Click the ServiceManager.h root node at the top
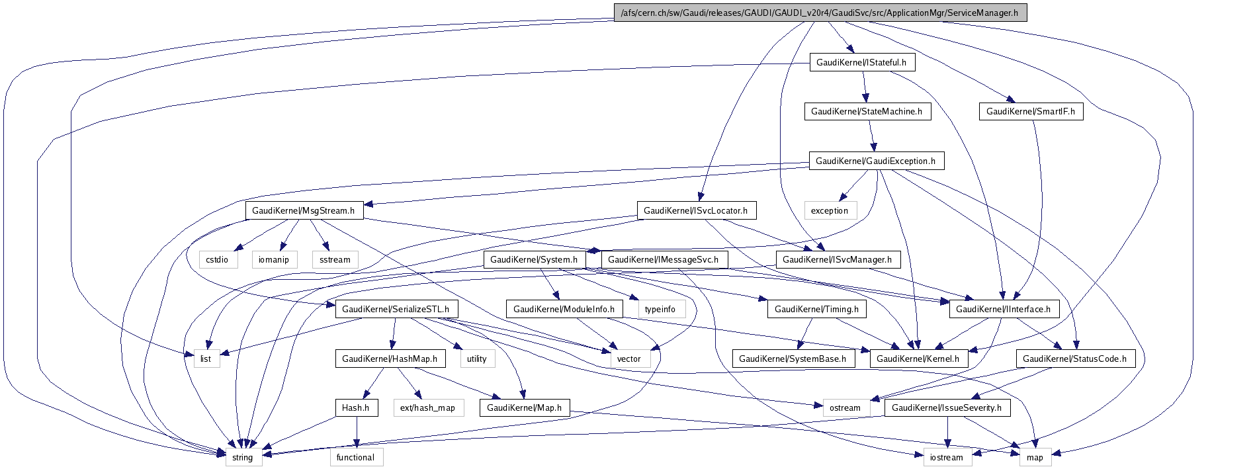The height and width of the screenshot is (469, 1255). [820, 13]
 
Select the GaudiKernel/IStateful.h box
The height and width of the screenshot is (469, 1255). [861, 62]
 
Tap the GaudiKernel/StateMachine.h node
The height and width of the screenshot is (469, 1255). [867, 111]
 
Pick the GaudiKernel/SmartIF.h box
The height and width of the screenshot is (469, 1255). [1030, 111]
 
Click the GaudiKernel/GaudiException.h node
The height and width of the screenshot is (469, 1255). [875, 161]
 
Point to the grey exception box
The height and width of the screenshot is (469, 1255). [830, 210]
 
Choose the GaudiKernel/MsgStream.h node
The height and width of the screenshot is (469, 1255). [304, 210]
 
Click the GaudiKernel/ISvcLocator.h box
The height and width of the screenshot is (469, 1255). [695, 210]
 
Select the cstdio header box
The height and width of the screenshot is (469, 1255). [217, 259]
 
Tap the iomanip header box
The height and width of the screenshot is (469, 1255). [273, 259]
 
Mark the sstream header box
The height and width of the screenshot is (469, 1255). [335, 259]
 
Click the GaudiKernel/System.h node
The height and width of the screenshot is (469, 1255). [534, 259]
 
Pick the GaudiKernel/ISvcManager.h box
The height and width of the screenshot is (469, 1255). [837, 259]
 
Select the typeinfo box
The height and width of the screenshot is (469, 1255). [660, 309]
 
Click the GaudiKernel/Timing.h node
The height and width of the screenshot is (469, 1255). [816, 309]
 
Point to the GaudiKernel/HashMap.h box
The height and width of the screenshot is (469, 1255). [390, 359]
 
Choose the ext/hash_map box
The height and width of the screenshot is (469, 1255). [427, 407]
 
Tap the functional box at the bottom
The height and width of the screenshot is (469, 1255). [355, 457]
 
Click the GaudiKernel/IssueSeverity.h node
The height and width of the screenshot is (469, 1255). [947, 407]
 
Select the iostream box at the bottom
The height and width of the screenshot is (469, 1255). [947, 457]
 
